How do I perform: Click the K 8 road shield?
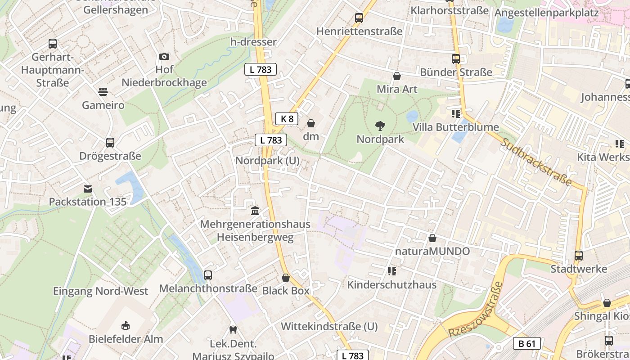[x=287, y=119]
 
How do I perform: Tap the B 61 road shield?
[x=526, y=344]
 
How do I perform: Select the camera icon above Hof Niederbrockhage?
[x=164, y=56]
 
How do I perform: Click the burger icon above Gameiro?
[x=103, y=92]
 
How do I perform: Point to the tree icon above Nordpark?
[x=380, y=126]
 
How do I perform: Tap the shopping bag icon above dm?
[x=311, y=123]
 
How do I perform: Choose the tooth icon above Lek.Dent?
[x=233, y=330]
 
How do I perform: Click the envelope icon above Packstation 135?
[x=88, y=189]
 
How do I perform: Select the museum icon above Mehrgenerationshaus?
[x=255, y=210]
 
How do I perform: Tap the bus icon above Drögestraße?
[x=110, y=143]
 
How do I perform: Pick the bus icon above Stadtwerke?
[x=579, y=256]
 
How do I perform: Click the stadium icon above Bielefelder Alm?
[x=126, y=325]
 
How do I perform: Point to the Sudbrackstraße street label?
[x=536, y=162]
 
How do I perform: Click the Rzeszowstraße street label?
[x=475, y=310]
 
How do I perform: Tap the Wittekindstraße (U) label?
[x=329, y=326]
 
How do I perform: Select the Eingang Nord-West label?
[x=100, y=291]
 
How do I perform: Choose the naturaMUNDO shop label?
[x=432, y=251]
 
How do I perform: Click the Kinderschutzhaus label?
[x=391, y=285]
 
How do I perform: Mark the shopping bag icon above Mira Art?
[x=397, y=76]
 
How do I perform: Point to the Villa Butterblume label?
[x=455, y=127]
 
